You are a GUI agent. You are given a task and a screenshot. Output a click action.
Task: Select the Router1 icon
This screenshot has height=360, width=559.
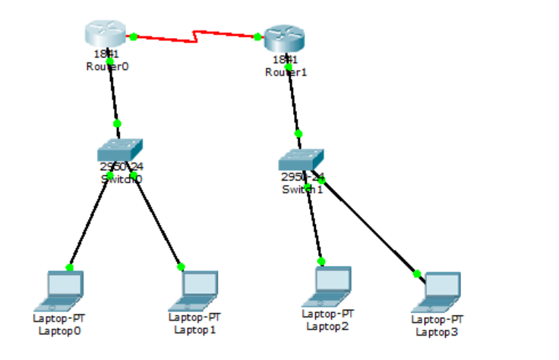coord(284,38)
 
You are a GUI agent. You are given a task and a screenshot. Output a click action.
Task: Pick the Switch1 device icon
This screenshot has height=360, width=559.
coord(300,159)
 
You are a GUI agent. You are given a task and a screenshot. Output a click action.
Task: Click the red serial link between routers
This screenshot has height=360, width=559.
coord(195,35)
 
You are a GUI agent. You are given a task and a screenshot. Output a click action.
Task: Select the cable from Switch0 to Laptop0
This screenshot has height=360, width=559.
coord(90,220)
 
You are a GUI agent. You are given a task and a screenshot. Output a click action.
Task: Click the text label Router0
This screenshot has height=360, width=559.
coord(107,66)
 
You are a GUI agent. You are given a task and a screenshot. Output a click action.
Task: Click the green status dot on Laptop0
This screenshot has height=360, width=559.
coord(69,267)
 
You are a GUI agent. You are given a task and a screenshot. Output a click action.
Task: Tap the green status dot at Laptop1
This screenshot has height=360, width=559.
coord(181,267)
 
